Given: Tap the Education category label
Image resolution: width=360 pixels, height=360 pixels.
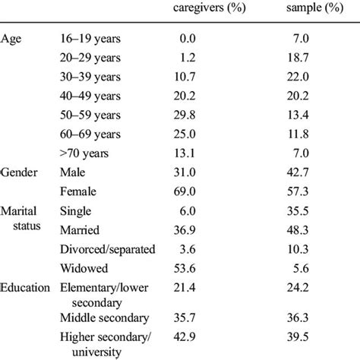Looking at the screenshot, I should pos(26,289).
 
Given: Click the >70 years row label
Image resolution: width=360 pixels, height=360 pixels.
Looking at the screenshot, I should pos(85,155).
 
